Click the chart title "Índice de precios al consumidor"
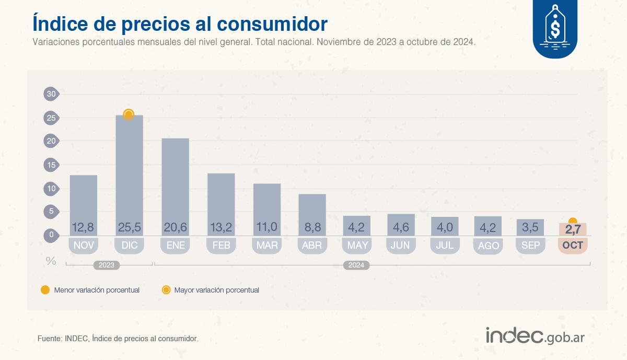pos(180,24)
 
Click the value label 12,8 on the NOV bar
pos(84,227)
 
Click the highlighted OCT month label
pos(573,245)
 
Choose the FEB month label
pos(221,245)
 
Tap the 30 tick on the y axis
pos(51,94)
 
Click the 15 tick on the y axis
pos(51,165)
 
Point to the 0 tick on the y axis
pos(51,235)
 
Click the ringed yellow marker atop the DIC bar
pos(129,114)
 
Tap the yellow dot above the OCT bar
pos(573,222)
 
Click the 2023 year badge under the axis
pos(107,265)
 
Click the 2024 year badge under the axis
pos(356,265)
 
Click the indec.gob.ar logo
pos(535,336)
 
